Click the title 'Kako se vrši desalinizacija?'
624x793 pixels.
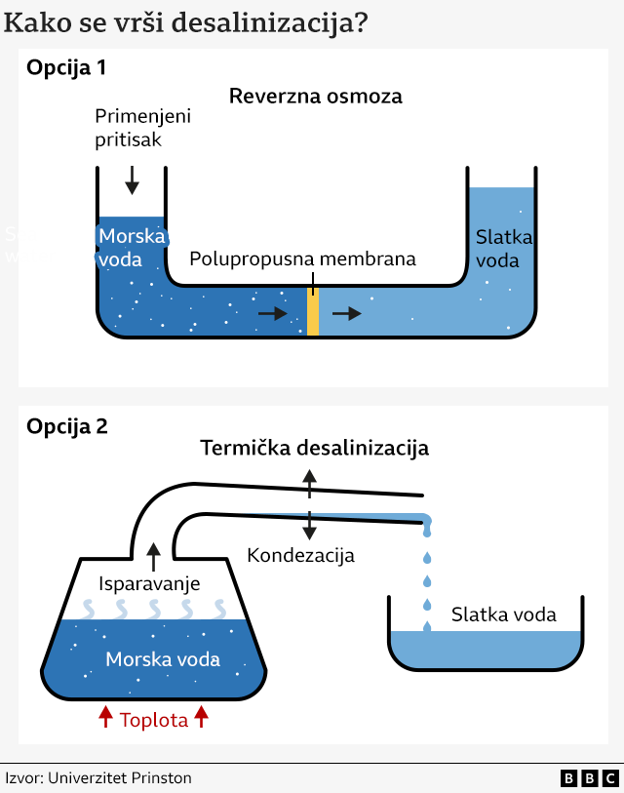pos(186,22)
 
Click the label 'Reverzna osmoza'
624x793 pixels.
pos(315,97)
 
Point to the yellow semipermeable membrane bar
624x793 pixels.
pos(313,312)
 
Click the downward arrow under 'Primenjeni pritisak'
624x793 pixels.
pos(132,179)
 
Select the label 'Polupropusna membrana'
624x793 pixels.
pos(302,259)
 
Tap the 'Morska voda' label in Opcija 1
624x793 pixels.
pos(131,248)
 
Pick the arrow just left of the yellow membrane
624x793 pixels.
pos(273,314)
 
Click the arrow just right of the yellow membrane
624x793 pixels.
pos(346,313)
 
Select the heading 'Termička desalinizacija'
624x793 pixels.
pos(314,449)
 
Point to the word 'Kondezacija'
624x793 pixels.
pos(300,556)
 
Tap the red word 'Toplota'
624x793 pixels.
pos(153,721)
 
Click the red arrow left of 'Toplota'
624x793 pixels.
pos(105,719)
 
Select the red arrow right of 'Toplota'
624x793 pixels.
pos(202,719)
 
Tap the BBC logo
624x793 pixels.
pos(589,778)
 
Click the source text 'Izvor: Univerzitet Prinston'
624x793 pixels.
pos(98,778)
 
